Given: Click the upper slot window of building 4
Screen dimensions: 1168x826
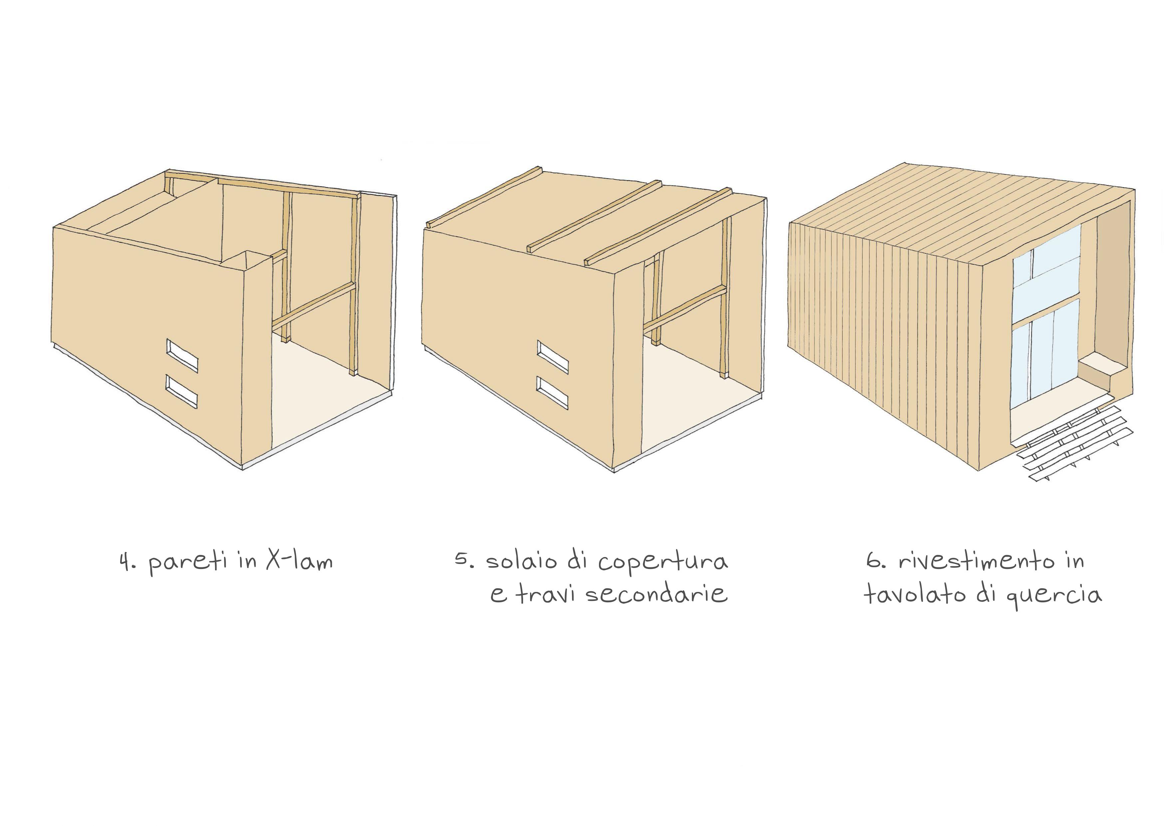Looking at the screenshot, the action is coord(181,355).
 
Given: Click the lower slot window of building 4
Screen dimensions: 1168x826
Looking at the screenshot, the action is coord(181,392).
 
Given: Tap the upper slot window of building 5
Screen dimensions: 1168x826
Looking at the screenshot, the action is coord(552,357).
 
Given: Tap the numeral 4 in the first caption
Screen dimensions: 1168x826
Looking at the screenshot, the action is coord(125,563).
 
